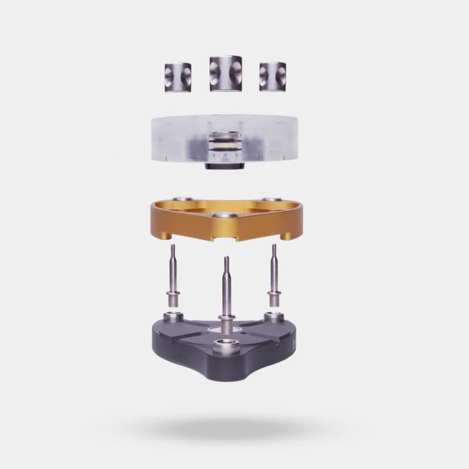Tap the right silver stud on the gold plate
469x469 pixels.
[x=271, y=199]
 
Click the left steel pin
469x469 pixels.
[x=174, y=274]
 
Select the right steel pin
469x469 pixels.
[x=274, y=274]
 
